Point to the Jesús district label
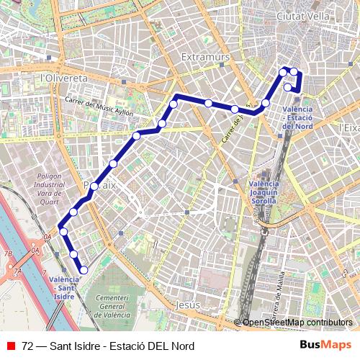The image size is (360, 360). coord(187,305)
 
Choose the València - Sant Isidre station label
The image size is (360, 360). coord(64,287)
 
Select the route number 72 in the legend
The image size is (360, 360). coord(28,346)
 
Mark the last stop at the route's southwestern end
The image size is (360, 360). coord(84,270)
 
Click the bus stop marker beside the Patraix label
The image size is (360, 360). coord(94,186)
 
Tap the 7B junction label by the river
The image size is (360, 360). coord(9,253)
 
